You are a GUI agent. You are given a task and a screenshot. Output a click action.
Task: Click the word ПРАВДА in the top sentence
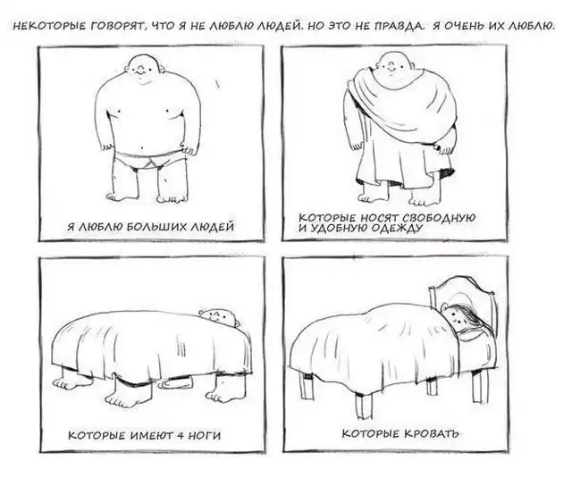pyautogui.click(x=400, y=26)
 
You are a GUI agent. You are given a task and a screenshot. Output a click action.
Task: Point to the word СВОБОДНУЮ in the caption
pyautogui.click(x=439, y=218)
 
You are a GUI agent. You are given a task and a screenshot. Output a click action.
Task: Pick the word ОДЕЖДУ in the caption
pyautogui.click(x=397, y=229)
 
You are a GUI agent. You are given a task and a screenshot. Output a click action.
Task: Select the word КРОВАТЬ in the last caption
pyautogui.click(x=431, y=433)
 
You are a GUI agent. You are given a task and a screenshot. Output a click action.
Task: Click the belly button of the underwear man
pyautogui.click(x=142, y=149)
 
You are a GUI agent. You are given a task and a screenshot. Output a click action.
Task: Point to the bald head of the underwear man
pyautogui.click(x=144, y=69)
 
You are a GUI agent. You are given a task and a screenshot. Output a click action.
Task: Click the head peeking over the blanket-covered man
pyautogui.click(x=220, y=316)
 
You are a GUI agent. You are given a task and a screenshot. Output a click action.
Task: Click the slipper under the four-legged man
pyautogui.click(x=176, y=381)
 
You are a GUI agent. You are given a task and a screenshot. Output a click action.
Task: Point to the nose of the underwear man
pyautogui.click(x=141, y=70)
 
